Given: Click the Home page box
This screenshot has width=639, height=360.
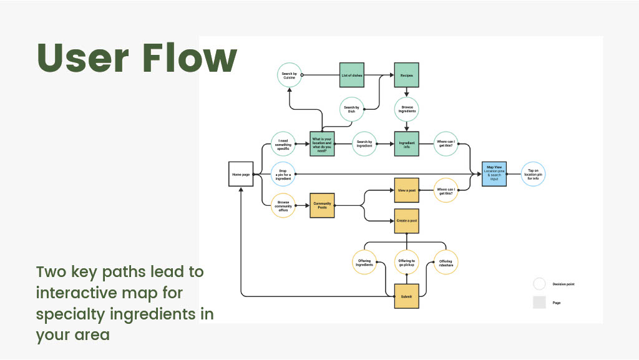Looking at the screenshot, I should (241, 174).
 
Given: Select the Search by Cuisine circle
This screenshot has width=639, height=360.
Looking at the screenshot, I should (289, 75).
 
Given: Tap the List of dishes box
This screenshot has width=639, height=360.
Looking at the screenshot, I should (352, 75).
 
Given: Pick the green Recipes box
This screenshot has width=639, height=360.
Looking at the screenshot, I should (406, 75).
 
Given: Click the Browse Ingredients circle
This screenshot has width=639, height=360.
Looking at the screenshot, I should (406, 109).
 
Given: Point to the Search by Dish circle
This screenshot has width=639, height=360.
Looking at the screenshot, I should (351, 109).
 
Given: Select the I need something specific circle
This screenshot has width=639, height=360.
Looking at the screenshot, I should (283, 144).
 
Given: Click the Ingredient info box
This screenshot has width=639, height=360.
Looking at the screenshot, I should (406, 144).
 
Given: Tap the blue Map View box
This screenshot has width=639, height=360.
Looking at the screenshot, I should (494, 174).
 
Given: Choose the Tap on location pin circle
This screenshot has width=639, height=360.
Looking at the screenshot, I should (533, 174).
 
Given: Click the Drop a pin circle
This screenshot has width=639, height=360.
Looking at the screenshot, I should (283, 174).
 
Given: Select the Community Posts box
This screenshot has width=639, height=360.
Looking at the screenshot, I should (322, 205).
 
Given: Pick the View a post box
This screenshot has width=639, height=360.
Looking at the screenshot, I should (406, 190).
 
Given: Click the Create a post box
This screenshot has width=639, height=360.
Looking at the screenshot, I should (406, 221).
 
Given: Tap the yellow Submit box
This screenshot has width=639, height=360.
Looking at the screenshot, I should (406, 296).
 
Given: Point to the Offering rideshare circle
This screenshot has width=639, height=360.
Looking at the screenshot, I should (446, 263).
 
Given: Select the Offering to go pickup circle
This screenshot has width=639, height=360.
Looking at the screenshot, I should (406, 263).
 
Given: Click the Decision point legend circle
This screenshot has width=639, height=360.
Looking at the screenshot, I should (539, 285).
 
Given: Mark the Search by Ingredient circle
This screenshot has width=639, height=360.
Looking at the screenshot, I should (364, 144).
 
